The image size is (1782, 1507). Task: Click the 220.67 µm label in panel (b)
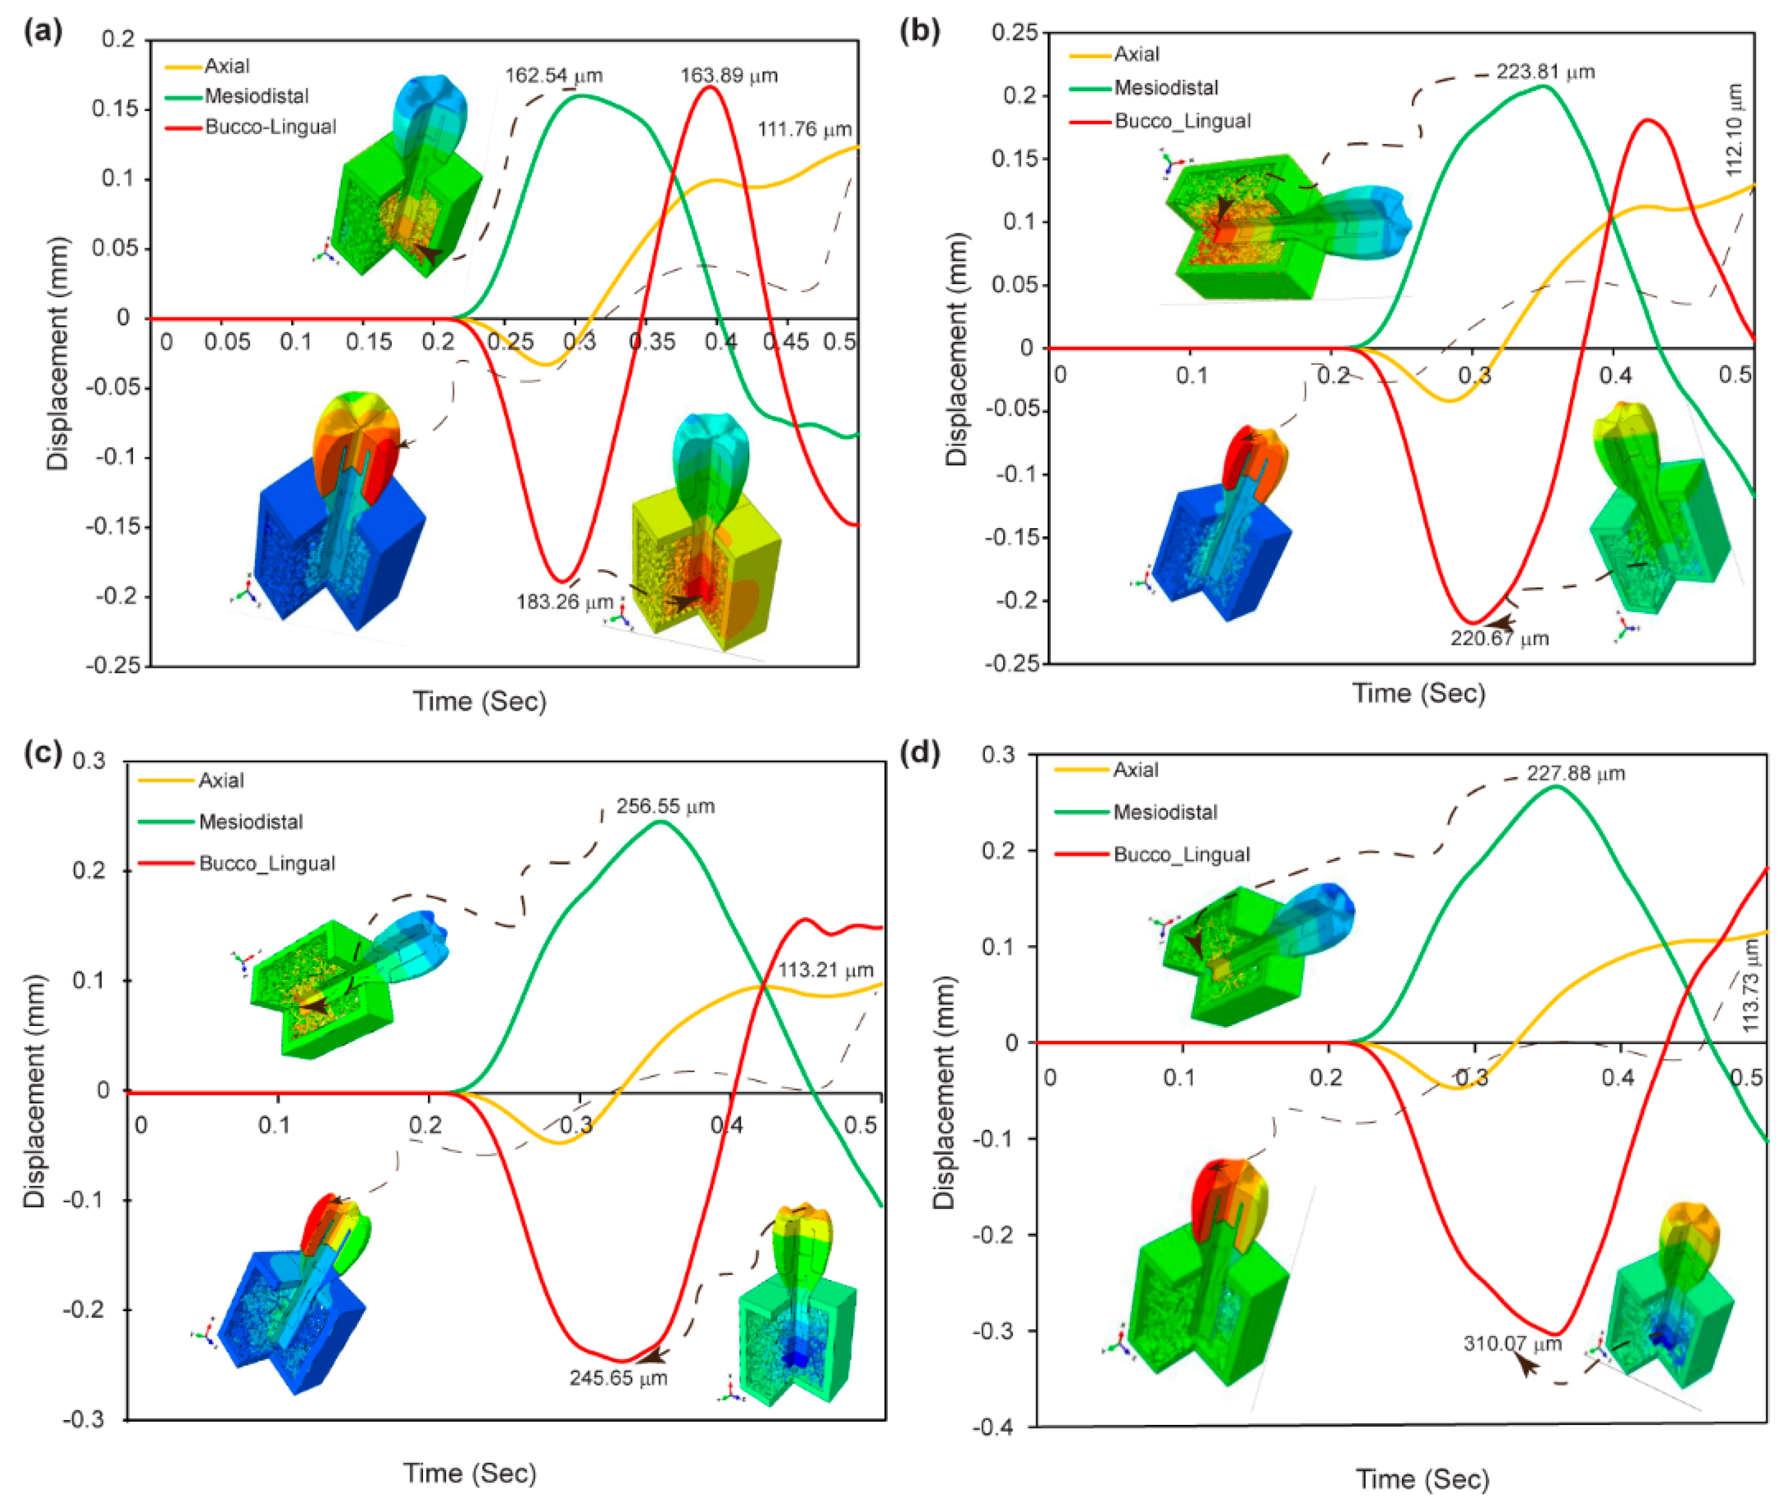click(x=1499, y=638)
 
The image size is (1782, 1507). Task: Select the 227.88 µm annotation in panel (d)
click(x=1575, y=773)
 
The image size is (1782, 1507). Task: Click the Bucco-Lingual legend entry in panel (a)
click(x=270, y=126)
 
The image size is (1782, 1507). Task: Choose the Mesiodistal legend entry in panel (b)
click(x=1166, y=87)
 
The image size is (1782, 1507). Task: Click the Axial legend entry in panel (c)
click(x=221, y=780)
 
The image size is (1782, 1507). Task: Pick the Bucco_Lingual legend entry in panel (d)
click(x=1181, y=854)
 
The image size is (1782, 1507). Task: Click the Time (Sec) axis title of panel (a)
click(x=479, y=702)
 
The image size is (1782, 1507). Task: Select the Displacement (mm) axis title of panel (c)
click(x=34, y=1090)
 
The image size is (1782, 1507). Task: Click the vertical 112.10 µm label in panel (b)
click(x=1734, y=130)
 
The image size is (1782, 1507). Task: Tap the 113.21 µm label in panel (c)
click(x=825, y=970)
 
